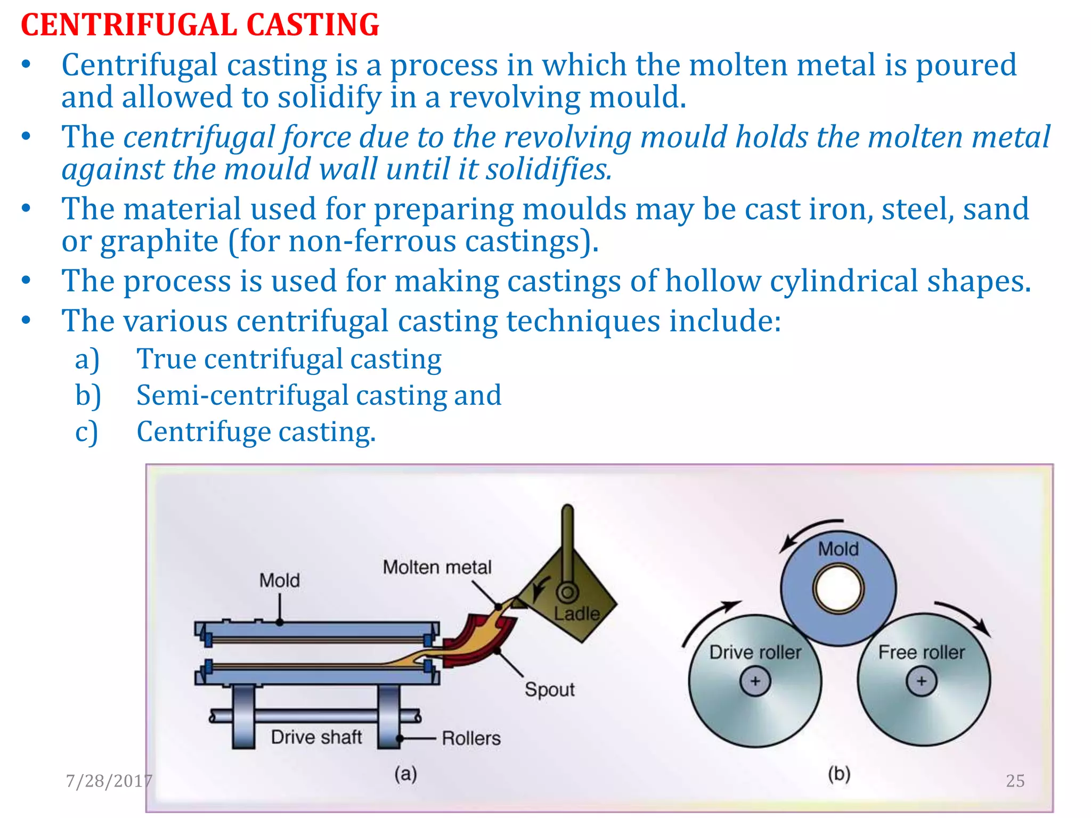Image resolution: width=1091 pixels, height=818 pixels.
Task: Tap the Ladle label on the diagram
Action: click(x=576, y=613)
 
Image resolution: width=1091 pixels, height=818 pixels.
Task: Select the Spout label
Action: click(x=549, y=690)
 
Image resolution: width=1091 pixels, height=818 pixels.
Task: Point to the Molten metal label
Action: click(x=437, y=567)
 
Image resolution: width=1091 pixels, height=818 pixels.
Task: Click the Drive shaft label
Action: click(x=316, y=737)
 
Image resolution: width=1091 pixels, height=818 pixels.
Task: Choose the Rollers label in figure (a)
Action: click(x=471, y=738)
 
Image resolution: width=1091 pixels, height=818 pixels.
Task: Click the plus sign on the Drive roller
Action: click(x=755, y=681)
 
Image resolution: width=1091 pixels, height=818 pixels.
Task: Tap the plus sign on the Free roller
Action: click(x=922, y=681)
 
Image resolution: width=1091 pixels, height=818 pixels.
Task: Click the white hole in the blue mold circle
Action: click(x=838, y=590)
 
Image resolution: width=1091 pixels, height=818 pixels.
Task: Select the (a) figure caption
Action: click(x=405, y=773)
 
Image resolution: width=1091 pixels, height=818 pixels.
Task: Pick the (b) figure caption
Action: click(x=838, y=773)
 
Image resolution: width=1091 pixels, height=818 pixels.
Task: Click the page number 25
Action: click(x=1015, y=781)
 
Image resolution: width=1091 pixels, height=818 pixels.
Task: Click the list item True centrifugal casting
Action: click(x=289, y=359)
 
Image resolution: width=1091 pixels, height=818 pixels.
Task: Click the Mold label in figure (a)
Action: click(x=279, y=580)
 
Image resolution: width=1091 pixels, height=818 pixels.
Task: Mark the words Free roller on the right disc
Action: click(x=921, y=652)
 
